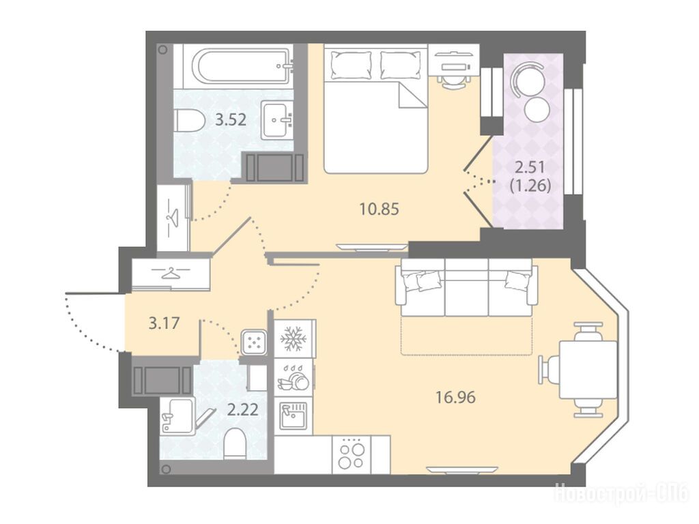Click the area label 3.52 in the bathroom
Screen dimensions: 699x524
click(231, 120)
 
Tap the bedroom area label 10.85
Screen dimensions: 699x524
click(380, 209)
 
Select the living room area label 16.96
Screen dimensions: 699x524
click(455, 396)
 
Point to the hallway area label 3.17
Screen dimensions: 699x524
click(164, 323)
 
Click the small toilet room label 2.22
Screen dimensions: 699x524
click(242, 409)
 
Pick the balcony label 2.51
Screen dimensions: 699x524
click(530, 168)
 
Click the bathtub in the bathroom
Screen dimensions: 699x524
click(241, 66)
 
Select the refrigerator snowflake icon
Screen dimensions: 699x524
click(294, 338)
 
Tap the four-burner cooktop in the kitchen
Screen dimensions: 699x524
click(352, 454)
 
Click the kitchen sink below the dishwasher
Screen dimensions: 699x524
click(292, 416)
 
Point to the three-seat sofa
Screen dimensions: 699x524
click(467, 287)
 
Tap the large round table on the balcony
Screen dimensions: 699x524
click(528, 79)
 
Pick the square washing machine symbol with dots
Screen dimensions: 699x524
click(254, 343)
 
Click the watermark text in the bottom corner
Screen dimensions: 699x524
click(621, 494)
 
